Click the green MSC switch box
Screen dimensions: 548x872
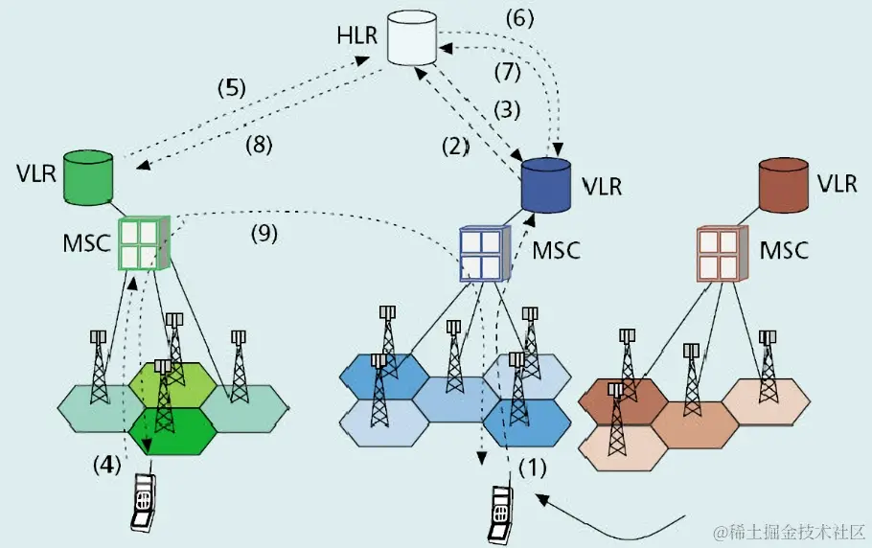pyautogui.click(x=143, y=242)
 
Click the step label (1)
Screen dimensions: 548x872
pyautogui.click(x=532, y=469)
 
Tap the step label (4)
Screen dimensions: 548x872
pyautogui.click(x=107, y=465)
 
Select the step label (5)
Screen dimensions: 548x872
pyautogui.click(x=231, y=88)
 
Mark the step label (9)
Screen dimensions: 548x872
pyautogui.click(x=264, y=233)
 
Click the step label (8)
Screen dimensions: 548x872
pyautogui.click(x=259, y=146)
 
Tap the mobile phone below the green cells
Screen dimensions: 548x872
pyautogui.click(x=143, y=502)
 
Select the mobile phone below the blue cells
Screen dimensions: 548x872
pyautogui.click(x=499, y=514)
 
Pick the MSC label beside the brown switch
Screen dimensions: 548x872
pyautogui.click(x=784, y=251)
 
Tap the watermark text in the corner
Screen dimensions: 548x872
pyautogui.click(x=787, y=530)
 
